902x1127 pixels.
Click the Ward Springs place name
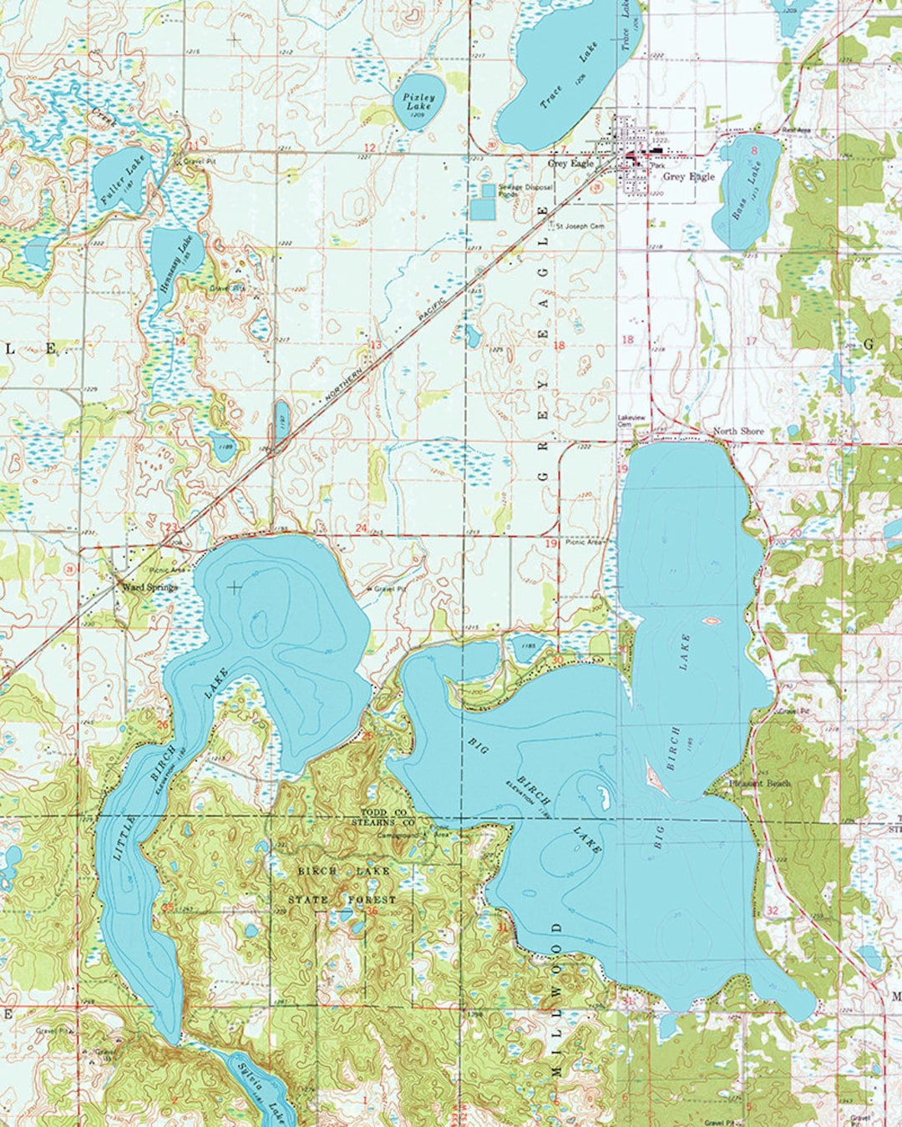point(149,587)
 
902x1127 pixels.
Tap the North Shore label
point(737,432)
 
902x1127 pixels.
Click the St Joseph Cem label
point(580,226)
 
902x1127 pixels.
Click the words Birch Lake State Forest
point(343,885)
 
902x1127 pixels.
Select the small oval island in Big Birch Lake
point(712,620)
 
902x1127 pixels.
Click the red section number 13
point(375,345)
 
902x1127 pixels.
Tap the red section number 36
point(372,912)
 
